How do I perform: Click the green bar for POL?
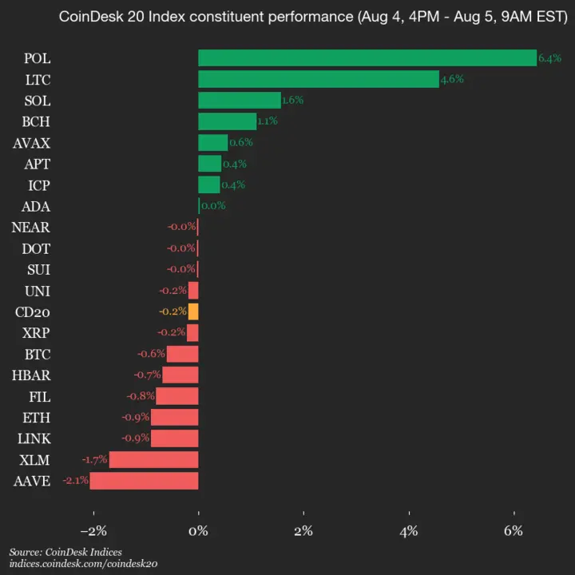pos(367,58)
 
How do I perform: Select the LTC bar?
pos(318,79)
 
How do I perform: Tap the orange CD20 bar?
pos(193,311)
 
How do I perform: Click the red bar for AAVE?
pos(144,481)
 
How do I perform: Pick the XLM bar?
pos(153,459)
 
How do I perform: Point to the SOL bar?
pos(239,101)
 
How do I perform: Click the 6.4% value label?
pos(549,58)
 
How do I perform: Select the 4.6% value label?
pos(452,79)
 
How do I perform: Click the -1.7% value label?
pos(94,459)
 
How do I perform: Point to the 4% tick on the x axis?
pos(409,531)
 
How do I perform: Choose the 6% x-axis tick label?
pos(514,531)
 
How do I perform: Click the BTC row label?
pos(38,354)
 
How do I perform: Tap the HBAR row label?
pos(32,375)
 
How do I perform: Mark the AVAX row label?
pos(32,143)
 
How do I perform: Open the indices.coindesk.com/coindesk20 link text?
pos(83,564)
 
